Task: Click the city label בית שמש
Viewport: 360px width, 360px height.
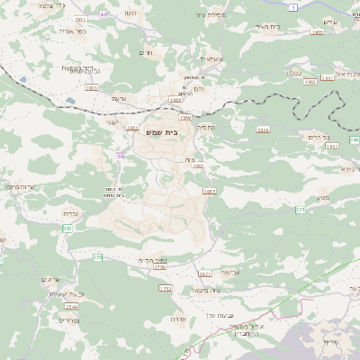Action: point(180,132)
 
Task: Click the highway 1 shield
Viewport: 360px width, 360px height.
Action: point(292,6)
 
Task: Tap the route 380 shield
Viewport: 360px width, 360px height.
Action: point(67,229)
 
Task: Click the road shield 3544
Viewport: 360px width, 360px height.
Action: point(72,307)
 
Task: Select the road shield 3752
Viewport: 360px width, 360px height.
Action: point(165,288)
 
